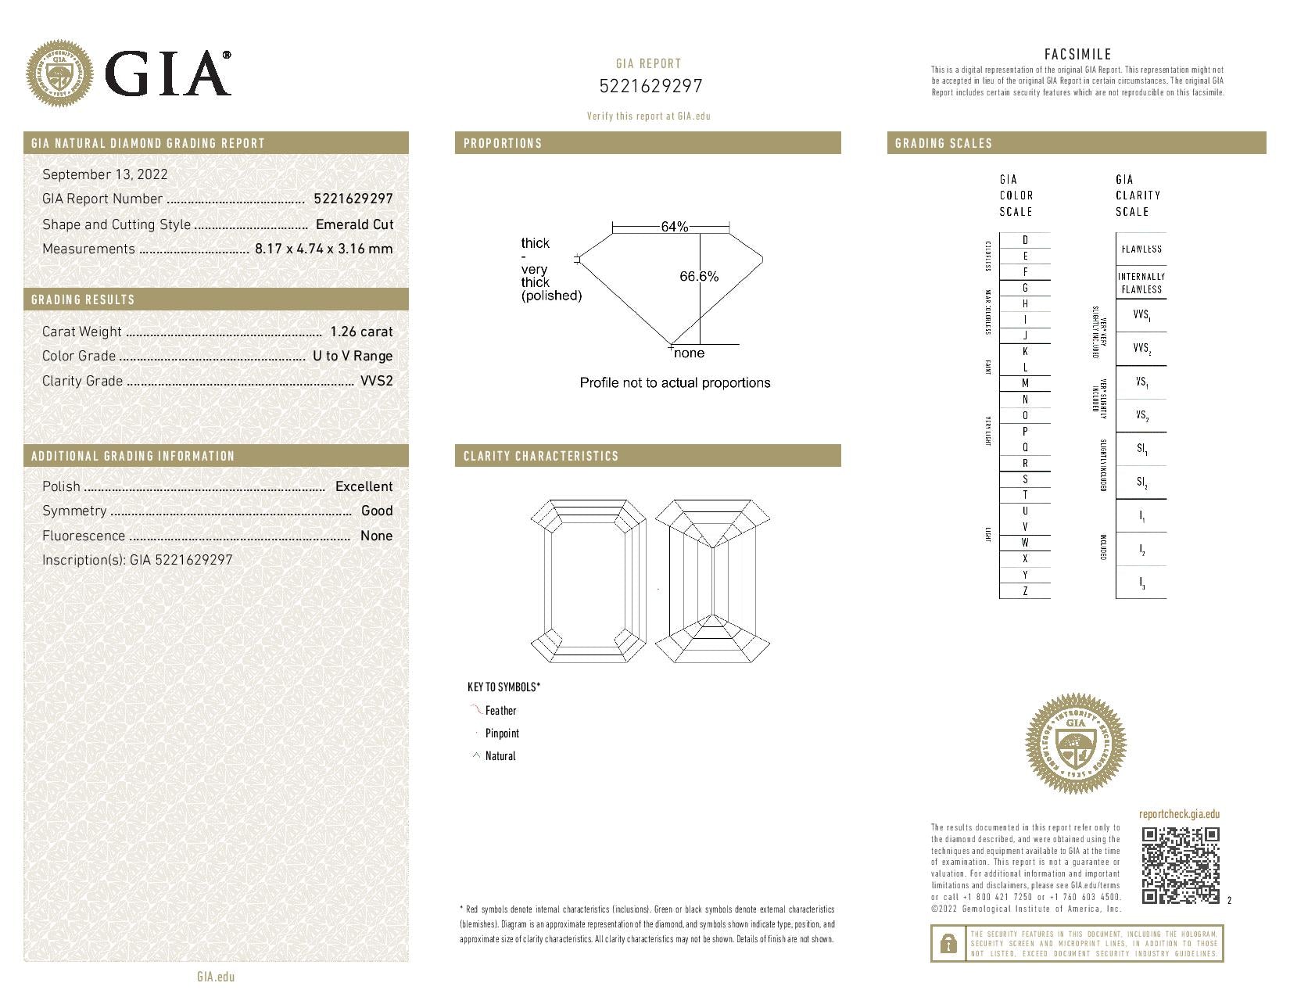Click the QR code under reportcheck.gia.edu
pyautogui.click(x=1180, y=865)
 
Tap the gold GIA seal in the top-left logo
pyautogui.click(x=59, y=74)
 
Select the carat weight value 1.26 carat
pyautogui.click(x=361, y=332)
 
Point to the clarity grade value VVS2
pyautogui.click(x=376, y=381)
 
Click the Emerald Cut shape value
pyautogui.click(x=354, y=224)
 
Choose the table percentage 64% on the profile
pyautogui.click(x=675, y=227)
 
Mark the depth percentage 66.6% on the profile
pyautogui.click(x=699, y=276)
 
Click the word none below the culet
pyautogui.click(x=689, y=353)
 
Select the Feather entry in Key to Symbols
pyautogui.click(x=500, y=711)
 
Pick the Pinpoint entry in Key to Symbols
pyautogui.click(x=502, y=733)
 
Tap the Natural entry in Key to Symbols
pyautogui.click(x=500, y=756)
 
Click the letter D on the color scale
pyautogui.click(x=1025, y=240)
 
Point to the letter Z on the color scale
pyautogui.click(x=1025, y=591)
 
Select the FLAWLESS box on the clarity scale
pyautogui.click(x=1141, y=249)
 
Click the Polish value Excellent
pyautogui.click(x=364, y=486)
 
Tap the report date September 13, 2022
pyautogui.click(x=105, y=174)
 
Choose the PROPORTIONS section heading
pyautogui.click(x=503, y=143)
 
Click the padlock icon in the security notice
pyautogui.click(x=948, y=944)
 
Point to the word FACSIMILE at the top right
pyautogui.click(x=1077, y=54)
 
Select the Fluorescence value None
pyautogui.click(x=376, y=536)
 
